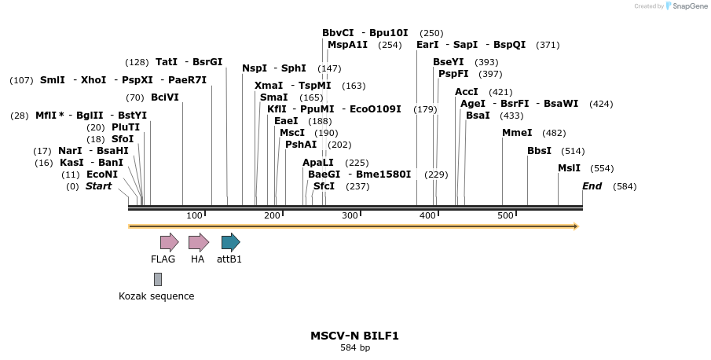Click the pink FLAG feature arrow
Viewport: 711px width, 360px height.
(169, 242)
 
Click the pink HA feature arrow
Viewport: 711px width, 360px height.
(198, 242)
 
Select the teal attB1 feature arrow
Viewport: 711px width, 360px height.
(230, 242)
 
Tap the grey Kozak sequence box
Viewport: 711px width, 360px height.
(158, 279)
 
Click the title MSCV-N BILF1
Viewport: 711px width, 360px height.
(354, 336)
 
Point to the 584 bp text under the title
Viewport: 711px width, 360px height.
(354, 347)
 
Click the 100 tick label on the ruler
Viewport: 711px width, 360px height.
(194, 215)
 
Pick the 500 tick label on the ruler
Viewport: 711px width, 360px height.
(505, 215)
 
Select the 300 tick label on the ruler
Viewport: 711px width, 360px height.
(350, 215)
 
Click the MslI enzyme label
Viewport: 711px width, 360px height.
(569, 168)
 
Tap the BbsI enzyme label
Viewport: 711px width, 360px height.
(539, 151)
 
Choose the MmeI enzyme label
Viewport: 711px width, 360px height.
(517, 133)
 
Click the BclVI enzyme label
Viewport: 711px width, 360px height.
(165, 97)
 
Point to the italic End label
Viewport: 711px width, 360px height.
(592, 186)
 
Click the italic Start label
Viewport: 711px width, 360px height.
(98, 186)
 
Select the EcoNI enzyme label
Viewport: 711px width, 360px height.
(102, 174)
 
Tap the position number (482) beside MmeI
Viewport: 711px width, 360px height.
(554, 133)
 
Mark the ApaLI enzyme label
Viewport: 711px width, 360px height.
(318, 163)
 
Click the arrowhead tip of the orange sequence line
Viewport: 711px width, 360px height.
(577, 226)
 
